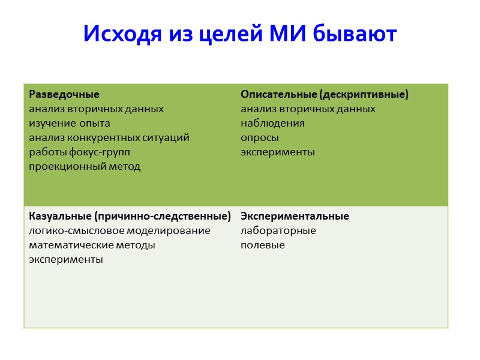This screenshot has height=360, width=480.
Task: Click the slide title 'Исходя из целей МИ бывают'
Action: [239, 34]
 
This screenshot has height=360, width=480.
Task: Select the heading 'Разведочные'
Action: [64, 95]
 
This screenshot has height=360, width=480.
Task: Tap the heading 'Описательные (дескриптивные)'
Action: [324, 95]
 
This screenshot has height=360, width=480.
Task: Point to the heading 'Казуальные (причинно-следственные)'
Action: [130, 216]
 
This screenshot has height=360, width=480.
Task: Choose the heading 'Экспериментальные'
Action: [295, 216]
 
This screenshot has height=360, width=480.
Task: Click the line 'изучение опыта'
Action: [70, 124]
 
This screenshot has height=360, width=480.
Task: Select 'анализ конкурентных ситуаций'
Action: [109, 138]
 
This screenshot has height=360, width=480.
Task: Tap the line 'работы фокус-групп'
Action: [79, 152]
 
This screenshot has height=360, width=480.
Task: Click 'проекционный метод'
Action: [85, 167]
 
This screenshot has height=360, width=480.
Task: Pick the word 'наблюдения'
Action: [272, 124]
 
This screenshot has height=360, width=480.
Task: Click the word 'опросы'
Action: [260, 138]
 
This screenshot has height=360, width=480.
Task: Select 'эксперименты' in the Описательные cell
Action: [277, 152]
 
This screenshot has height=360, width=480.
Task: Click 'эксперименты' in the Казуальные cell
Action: [66, 260]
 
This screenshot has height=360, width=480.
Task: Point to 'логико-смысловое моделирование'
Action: [119, 231]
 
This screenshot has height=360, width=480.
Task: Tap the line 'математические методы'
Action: [92, 245]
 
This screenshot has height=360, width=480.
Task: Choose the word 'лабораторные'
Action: [278, 231]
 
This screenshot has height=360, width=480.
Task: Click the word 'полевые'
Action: [262, 245]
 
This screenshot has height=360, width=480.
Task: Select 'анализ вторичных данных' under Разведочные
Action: [96, 109]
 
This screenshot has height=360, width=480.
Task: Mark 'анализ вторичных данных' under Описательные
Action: [308, 109]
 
